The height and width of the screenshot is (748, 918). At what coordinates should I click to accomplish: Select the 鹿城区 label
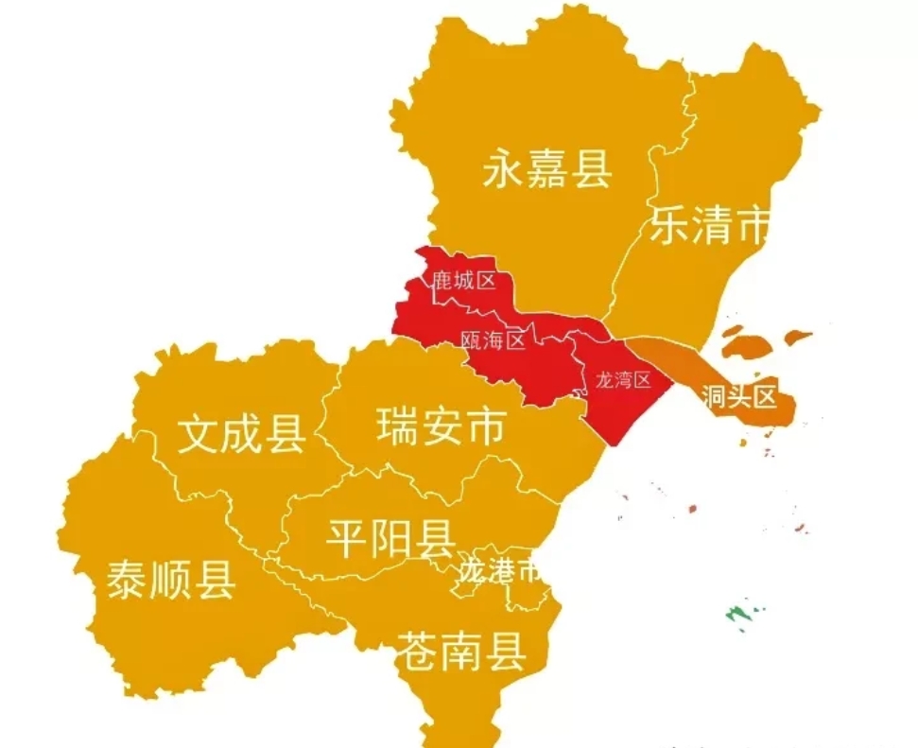tap(464, 281)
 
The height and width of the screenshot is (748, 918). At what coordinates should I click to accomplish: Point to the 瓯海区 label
tap(493, 340)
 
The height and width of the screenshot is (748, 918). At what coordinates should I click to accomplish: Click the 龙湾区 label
tap(623, 380)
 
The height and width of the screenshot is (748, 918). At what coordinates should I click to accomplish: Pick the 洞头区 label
tap(739, 396)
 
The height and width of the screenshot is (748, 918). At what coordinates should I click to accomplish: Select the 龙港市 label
tap(499, 569)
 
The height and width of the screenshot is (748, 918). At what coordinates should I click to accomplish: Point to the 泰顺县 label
tap(171, 578)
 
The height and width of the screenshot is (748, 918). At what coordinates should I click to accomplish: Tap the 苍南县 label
tap(460, 651)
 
